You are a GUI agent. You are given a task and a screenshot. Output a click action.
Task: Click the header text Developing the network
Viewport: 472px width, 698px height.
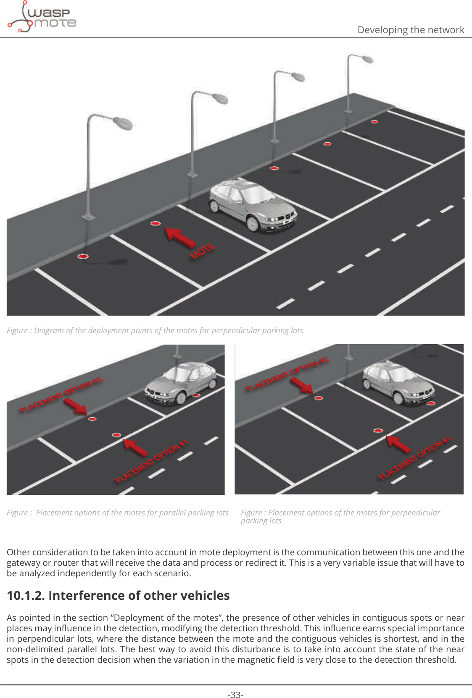410,30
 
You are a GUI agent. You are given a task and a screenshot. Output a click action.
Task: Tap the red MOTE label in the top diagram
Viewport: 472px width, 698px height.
202,251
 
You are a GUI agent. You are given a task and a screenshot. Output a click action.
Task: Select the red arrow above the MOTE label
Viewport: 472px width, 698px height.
179,238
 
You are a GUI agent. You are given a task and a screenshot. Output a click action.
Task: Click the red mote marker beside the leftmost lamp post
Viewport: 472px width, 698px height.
83,256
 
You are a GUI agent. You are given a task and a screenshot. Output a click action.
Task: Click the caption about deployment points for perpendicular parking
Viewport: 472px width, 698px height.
155,330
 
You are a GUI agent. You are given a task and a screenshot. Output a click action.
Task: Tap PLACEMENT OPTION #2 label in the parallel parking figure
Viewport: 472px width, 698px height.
61,395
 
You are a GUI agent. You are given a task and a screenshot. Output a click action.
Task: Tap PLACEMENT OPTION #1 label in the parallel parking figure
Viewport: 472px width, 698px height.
151,462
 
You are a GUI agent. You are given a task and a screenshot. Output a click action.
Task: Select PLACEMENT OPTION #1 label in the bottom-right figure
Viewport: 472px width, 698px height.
414,457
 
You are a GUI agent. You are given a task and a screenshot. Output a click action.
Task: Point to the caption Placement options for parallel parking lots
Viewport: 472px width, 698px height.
118,512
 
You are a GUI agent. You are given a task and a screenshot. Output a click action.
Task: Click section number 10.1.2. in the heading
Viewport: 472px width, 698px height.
26,596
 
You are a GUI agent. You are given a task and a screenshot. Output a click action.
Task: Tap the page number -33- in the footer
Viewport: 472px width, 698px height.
235,695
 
